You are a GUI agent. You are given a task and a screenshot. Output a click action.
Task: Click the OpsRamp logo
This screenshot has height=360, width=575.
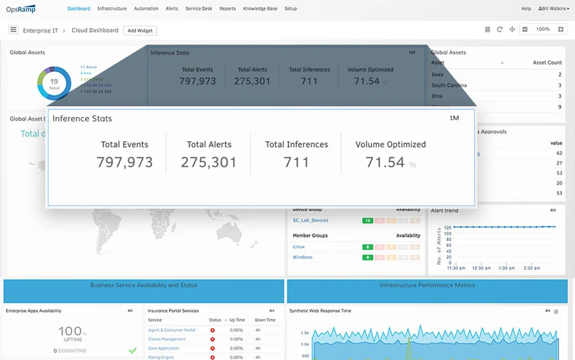(x=21, y=9)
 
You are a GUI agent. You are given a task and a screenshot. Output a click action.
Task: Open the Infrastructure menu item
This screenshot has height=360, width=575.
(x=112, y=9)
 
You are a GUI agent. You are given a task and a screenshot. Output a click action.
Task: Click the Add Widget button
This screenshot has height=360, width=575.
(x=139, y=30)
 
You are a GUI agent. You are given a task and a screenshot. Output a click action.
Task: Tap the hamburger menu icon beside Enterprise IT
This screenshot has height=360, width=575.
(x=13, y=29)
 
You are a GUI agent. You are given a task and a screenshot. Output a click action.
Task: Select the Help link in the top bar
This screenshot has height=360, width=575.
(x=526, y=9)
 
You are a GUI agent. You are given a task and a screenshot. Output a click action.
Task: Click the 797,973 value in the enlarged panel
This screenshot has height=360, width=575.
(x=125, y=162)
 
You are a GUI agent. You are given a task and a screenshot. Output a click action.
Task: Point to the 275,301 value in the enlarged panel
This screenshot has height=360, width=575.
(x=209, y=162)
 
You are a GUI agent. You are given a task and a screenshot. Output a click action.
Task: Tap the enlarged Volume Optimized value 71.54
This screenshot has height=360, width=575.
(x=385, y=162)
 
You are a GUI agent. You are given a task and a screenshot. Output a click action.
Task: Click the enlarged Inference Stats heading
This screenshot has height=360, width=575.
(x=82, y=119)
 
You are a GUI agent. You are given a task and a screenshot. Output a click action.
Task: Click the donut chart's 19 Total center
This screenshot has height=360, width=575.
(x=54, y=84)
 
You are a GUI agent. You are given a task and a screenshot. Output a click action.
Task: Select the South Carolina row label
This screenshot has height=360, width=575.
(x=449, y=85)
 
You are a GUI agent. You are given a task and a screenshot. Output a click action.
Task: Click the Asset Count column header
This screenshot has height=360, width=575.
(x=547, y=63)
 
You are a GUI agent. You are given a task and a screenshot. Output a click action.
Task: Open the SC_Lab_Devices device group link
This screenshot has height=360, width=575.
(x=310, y=221)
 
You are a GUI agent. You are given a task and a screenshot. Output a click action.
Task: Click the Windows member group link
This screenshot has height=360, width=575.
(x=302, y=257)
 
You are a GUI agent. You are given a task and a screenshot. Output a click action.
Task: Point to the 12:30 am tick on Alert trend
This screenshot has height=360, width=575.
(x=482, y=268)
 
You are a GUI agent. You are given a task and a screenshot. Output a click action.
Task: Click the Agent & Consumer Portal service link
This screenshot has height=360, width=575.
(x=172, y=330)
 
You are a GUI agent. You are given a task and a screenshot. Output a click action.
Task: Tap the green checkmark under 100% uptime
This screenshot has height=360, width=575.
(x=132, y=350)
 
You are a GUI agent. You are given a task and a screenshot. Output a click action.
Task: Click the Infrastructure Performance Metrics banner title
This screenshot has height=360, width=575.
(x=427, y=285)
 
